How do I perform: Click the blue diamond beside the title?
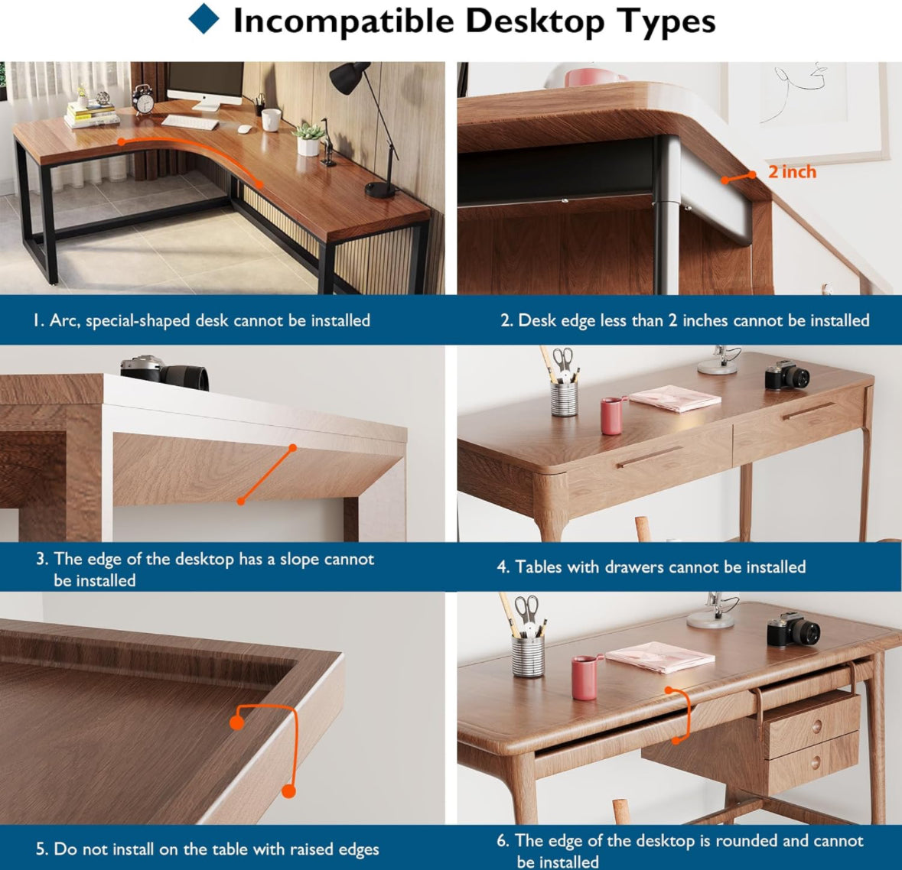click(204, 19)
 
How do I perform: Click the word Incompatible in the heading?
click(344, 21)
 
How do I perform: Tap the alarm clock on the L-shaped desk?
click(142, 99)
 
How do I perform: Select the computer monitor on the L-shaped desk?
click(206, 85)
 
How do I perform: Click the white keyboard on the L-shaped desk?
click(190, 122)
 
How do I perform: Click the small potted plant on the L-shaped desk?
click(308, 139)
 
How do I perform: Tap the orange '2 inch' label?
click(792, 171)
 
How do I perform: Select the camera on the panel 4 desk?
click(787, 375)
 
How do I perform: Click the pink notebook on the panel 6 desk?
click(659, 656)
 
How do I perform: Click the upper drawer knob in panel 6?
click(815, 726)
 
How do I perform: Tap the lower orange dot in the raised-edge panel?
click(288, 791)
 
